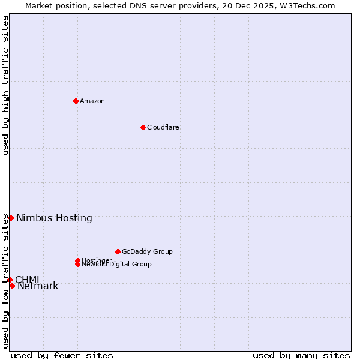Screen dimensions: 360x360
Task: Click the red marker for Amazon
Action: (x=76, y=101)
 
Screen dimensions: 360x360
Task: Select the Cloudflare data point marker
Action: (x=143, y=127)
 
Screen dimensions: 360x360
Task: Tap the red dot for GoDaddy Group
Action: (x=118, y=251)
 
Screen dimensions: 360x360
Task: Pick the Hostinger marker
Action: (x=78, y=260)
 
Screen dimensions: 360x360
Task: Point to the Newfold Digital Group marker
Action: (x=78, y=264)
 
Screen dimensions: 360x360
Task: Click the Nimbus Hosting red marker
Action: (x=11, y=218)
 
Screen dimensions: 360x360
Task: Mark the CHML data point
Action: (x=10, y=280)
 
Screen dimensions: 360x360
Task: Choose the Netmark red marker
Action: (x=12, y=286)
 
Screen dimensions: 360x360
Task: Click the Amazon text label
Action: (x=92, y=101)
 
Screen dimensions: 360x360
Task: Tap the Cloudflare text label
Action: (x=163, y=127)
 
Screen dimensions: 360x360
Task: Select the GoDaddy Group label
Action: (x=147, y=251)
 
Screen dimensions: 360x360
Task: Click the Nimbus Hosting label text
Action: (x=54, y=218)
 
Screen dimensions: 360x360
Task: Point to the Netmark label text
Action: (x=38, y=286)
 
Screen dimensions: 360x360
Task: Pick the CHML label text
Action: (x=28, y=280)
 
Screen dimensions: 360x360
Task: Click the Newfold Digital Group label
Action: (x=117, y=265)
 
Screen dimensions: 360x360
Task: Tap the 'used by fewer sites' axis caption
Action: (x=62, y=355)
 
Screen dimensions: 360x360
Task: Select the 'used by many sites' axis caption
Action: (x=301, y=355)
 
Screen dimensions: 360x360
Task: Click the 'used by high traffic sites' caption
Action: (x=6, y=85)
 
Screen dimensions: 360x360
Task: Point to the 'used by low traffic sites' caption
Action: (x=6, y=281)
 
